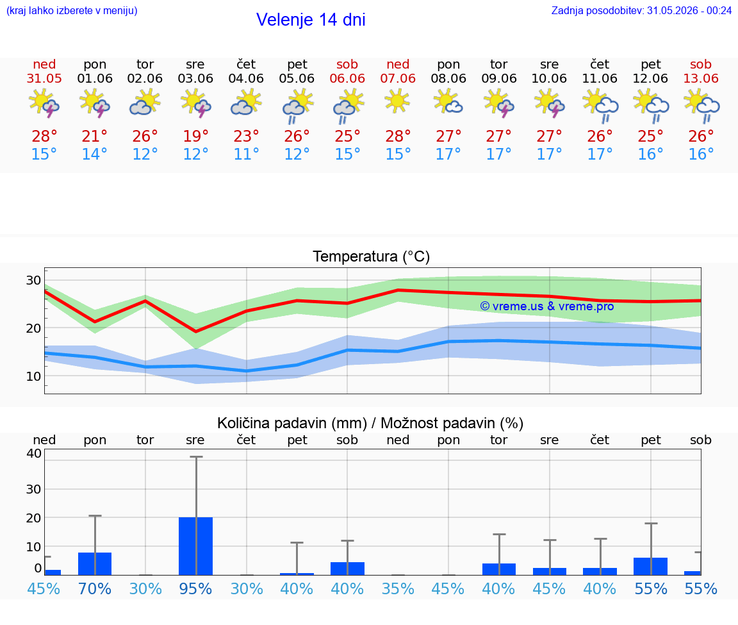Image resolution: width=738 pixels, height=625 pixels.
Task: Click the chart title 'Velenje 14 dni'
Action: click(x=311, y=20)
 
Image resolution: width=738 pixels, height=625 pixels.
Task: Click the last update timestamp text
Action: click(x=641, y=10)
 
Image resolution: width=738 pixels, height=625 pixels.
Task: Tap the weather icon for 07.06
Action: click(x=397, y=101)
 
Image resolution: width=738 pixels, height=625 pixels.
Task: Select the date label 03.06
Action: click(x=195, y=78)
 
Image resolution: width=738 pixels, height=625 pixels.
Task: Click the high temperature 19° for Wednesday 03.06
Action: click(x=195, y=136)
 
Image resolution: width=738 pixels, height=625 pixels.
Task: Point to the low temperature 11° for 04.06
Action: click(x=246, y=154)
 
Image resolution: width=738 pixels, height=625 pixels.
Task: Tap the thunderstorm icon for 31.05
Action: click(x=44, y=102)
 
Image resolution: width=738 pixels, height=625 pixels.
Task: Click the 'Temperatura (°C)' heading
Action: click(x=372, y=256)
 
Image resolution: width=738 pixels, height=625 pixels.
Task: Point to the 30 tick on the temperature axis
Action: click(x=33, y=280)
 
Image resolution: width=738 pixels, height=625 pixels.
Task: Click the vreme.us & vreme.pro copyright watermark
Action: click(x=547, y=306)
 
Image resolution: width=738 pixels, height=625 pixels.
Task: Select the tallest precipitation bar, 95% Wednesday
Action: click(x=196, y=546)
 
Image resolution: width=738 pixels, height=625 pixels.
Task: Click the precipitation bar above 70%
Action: click(x=95, y=563)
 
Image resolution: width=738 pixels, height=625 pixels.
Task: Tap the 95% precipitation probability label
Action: click(x=195, y=588)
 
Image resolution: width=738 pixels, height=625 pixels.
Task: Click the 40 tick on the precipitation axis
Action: click(x=33, y=454)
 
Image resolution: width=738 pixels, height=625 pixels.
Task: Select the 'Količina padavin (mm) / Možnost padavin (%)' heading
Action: click(x=370, y=423)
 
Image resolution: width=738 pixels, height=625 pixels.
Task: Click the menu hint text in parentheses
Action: click(x=72, y=10)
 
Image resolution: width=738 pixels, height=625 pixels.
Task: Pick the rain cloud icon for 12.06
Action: click(x=651, y=106)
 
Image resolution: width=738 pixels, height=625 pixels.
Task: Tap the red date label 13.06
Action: click(x=701, y=78)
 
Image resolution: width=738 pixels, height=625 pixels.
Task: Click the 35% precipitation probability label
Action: click(x=398, y=588)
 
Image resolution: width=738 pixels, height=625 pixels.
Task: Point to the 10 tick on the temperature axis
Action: click(x=33, y=376)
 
